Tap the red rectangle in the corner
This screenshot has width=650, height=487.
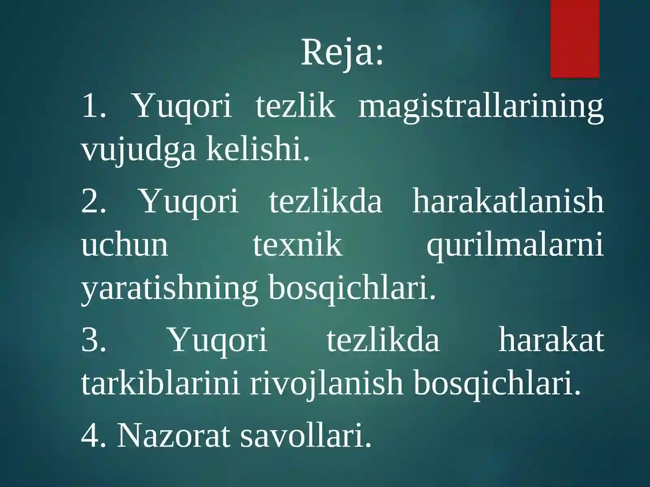click(x=575, y=39)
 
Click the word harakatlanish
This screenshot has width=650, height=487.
click(x=508, y=201)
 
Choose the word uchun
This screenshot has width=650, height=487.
click(x=124, y=245)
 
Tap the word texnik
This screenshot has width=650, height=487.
click(x=297, y=245)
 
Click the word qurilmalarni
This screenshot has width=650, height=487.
click(x=515, y=246)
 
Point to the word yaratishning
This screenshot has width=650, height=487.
click(x=169, y=289)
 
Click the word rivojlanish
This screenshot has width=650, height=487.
click(x=326, y=384)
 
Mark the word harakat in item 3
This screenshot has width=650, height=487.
click(x=551, y=340)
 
